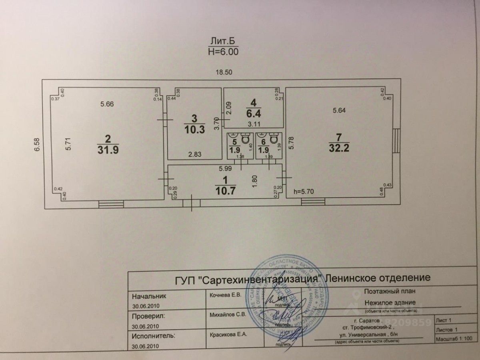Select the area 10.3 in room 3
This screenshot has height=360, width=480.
195,130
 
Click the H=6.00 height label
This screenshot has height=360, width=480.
223,51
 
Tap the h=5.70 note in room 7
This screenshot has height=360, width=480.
303,191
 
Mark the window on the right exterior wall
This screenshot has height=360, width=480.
396,141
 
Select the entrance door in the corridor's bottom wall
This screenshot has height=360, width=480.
192,203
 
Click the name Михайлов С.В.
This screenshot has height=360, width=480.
227,314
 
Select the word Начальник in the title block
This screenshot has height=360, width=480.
148,296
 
